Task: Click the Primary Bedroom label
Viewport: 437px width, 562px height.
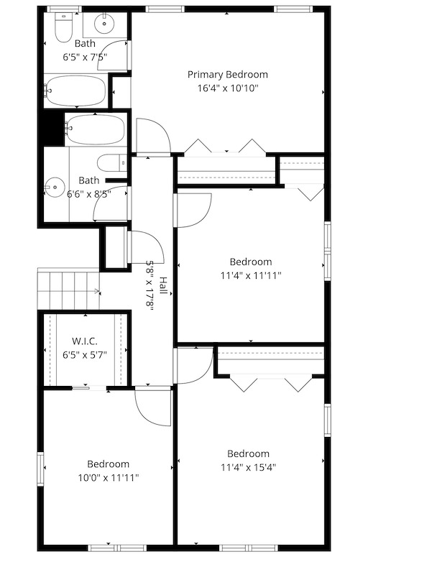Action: coord(228,75)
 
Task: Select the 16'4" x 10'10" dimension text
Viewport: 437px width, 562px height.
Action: coord(228,88)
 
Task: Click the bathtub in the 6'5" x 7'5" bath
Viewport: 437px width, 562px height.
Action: coord(75,91)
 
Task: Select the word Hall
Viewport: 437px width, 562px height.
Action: coord(163,286)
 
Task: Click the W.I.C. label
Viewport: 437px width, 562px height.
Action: coord(84,341)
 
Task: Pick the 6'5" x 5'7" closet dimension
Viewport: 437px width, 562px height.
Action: coord(84,354)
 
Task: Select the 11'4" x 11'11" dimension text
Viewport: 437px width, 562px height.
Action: coord(250,275)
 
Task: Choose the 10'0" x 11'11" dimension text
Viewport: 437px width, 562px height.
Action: coord(109,477)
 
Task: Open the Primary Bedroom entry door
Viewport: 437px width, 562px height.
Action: coord(153,137)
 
